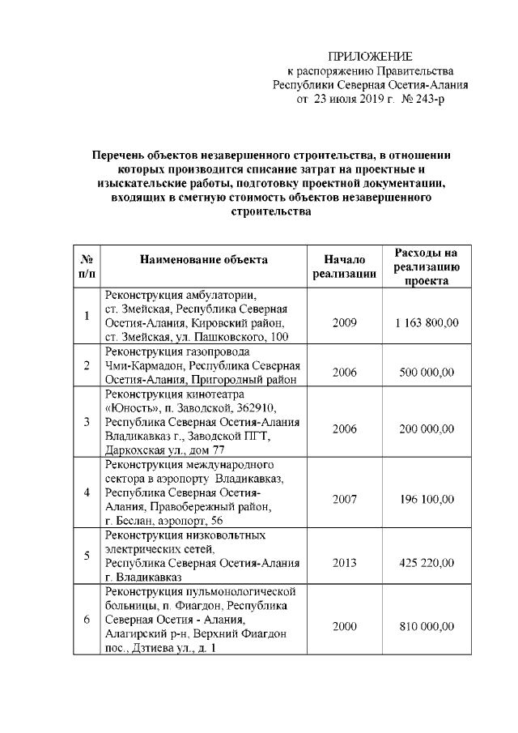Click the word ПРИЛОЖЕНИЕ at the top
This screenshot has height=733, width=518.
(x=370, y=56)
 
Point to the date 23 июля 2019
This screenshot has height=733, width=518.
(x=347, y=99)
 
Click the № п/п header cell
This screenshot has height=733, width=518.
(x=86, y=266)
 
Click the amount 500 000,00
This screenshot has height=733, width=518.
(x=427, y=372)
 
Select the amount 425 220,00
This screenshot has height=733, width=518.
(x=427, y=563)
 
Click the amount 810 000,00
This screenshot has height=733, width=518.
(x=427, y=627)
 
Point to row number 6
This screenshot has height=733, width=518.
(x=86, y=620)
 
